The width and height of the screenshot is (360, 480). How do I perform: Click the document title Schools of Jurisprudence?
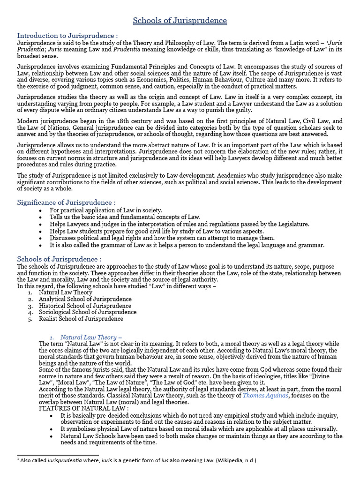(x=180, y=21)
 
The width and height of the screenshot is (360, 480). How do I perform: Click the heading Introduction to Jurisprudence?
(x=67, y=36)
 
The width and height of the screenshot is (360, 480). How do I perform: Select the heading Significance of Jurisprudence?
(x=66, y=202)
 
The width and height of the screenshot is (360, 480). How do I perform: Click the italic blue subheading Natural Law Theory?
(x=91, y=337)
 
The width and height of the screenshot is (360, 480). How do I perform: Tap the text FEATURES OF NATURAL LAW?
(x=77, y=409)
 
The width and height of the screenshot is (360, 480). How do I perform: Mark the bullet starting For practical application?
(x=106, y=210)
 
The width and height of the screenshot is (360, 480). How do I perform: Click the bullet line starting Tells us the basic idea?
(x=125, y=217)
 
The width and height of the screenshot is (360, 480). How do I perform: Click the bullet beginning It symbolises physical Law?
(x=199, y=429)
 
